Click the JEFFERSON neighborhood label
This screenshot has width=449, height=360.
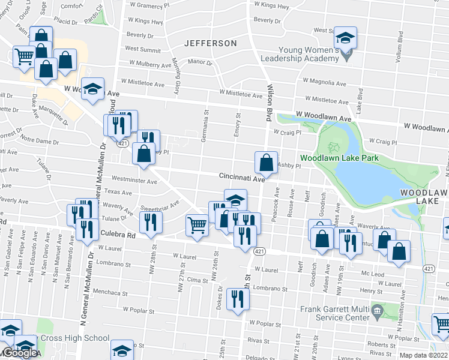211,43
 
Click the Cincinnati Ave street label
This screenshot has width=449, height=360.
242,178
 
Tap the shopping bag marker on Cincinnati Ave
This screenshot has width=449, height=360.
266,163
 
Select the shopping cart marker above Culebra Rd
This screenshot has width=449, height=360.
197,226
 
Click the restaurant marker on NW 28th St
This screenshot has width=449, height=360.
151,222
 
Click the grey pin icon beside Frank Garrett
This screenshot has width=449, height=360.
376,310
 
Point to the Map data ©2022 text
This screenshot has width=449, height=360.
423,355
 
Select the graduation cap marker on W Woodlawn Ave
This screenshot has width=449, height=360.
93,89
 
